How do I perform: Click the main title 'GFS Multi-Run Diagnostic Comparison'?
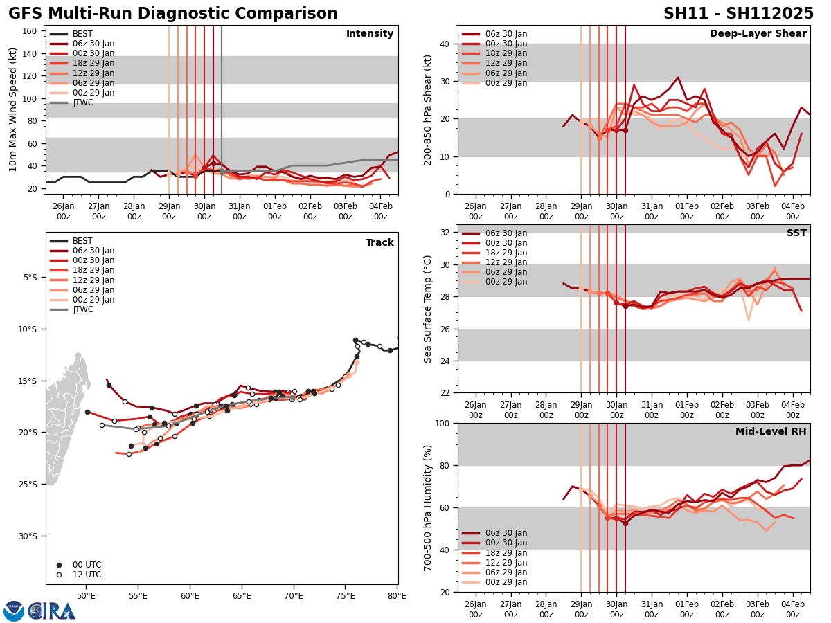pyautogui.click(x=173, y=14)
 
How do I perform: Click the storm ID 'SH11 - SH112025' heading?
pyautogui.click(x=738, y=14)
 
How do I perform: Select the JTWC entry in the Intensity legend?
pyautogui.click(x=83, y=102)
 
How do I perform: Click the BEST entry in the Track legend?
pyautogui.click(x=82, y=241)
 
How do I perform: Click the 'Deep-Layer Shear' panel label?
pyautogui.click(x=758, y=34)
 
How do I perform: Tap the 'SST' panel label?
pyautogui.click(x=796, y=233)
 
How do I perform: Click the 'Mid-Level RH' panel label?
pyautogui.click(x=771, y=432)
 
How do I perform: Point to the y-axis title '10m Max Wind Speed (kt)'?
pyautogui.click(x=12, y=109)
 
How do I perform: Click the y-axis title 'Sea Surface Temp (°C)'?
pyautogui.click(x=428, y=309)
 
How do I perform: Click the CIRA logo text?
pyautogui.click(x=53, y=611)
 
